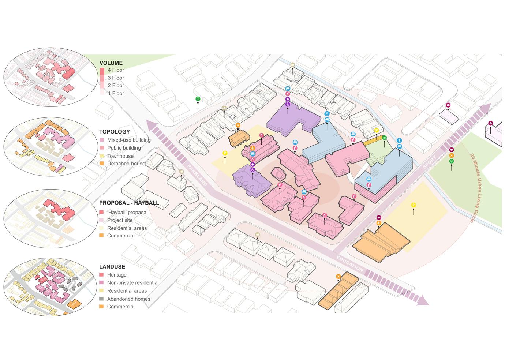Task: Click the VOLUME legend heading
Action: pos(111,63)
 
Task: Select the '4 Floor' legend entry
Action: pos(116,70)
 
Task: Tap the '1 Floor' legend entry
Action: pos(116,93)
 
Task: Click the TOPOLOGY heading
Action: pos(114,132)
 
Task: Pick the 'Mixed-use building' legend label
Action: pos(128,140)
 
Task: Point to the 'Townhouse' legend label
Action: pos(120,156)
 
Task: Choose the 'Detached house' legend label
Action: pos(126,164)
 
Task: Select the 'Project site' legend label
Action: pos(120,220)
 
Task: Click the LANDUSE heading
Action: pos(112,267)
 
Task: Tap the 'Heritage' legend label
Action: pos(116,275)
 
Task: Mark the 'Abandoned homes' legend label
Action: pos(128,299)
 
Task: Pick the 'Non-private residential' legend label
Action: pos(132,283)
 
